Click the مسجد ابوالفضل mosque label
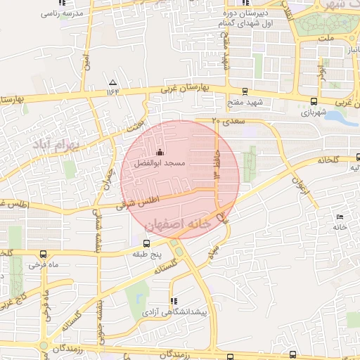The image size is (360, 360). [160, 163]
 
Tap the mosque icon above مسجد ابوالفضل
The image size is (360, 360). [160, 153]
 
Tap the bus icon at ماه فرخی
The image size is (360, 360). [44, 255]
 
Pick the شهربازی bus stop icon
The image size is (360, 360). [313, 101]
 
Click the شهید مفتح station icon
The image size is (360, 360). [244, 91]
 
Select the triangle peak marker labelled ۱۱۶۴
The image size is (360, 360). [112, 82]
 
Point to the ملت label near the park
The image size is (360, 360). [326, 37]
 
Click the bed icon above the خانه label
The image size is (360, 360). [340, 217]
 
